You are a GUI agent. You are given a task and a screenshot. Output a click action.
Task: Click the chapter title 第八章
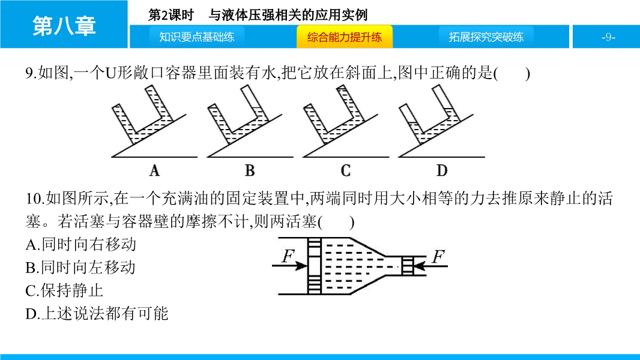click(x=64, y=26)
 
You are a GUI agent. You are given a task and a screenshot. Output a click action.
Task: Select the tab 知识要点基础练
click(x=197, y=37)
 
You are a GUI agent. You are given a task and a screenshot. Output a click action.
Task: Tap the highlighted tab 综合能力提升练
click(x=345, y=37)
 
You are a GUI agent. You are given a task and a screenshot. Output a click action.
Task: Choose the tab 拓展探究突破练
click(x=486, y=37)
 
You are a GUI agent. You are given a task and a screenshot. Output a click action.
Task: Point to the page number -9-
click(x=608, y=37)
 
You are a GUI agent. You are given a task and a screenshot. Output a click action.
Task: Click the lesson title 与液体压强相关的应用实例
click(x=288, y=15)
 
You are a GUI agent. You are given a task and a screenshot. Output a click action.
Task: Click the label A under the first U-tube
click(x=154, y=170)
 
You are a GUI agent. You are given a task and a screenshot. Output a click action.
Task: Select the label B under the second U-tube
click(x=250, y=170)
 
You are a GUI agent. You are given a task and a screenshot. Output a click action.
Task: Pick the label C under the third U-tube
click(x=346, y=170)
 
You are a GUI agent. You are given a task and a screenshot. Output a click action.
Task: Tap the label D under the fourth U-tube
click(x=442, y=170)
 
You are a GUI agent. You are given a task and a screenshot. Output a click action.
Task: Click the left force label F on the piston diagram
click(x=288, y=256)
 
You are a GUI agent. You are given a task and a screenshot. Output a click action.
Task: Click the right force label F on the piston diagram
click(x=438, y=257)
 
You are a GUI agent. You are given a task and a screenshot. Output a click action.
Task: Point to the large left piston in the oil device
click(x=314, y=266)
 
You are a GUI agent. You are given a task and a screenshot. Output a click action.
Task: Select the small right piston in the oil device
click(x=408, y=266)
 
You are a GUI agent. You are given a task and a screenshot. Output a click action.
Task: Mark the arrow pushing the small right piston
click(x=430, y=266)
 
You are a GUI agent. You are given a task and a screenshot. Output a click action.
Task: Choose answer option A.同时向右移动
click(x=81, y=245)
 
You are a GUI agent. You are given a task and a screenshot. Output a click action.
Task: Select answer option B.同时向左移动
click(x=80, y=268)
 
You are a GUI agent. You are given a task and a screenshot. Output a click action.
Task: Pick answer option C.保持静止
click(x=64, y=290)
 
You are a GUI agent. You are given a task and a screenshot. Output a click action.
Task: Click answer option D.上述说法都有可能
click(x=97, y=314)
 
